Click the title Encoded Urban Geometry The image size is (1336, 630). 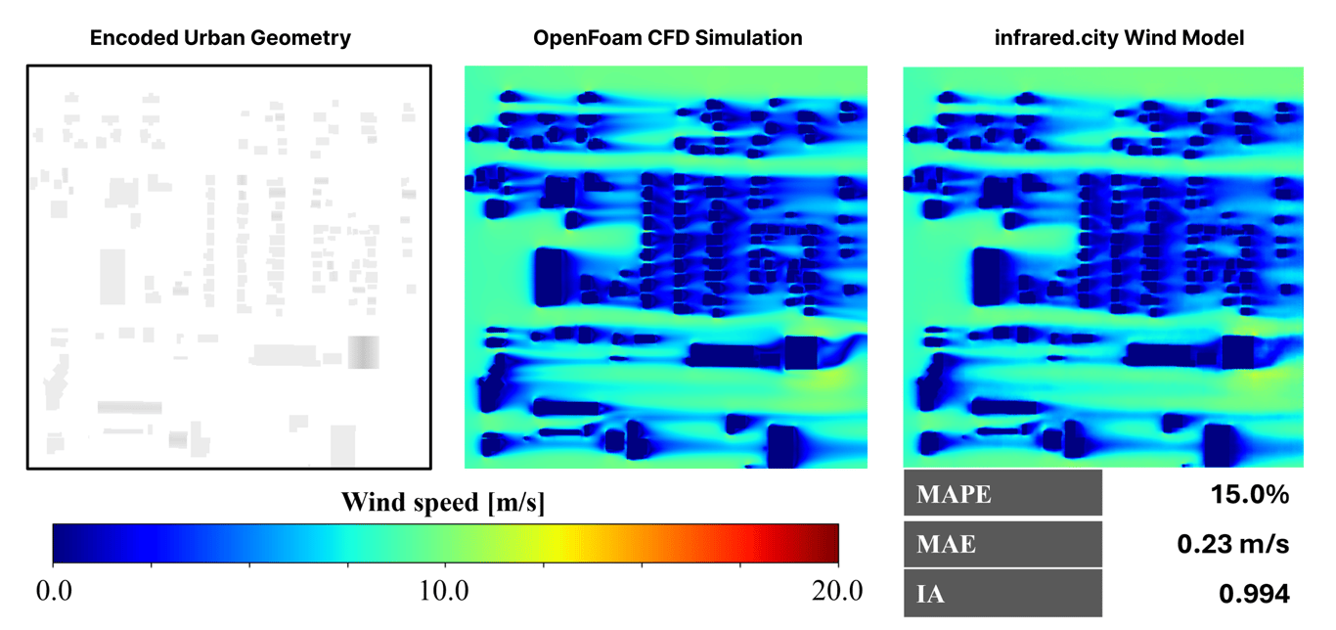click(x=220, y=39)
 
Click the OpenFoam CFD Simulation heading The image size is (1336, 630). click(x=667, y=39)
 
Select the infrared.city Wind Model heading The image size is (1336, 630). click(x=1102, y=39)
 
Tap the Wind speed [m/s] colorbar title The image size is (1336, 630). click(x=443, y=504)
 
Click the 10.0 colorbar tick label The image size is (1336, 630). click(x=445, y=592)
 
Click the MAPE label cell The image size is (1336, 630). click(x=1002, y=494)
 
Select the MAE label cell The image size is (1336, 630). click(x=1002, y=544)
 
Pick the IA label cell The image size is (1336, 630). click(x=1002, y=594)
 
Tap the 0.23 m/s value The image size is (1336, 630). click(x=1233, y=544)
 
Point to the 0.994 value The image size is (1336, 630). click(x=1254, y=594)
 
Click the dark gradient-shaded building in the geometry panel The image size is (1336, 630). click(x=364, y=352)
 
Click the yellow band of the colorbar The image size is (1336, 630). click(x=553, y=543)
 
